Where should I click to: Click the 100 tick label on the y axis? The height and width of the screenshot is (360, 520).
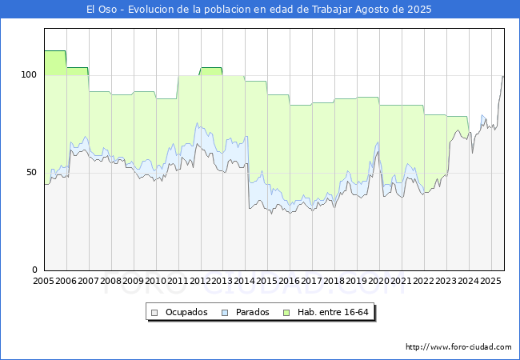[x=29, y=74]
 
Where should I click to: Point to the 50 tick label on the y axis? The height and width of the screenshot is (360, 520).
[x=31, y=172]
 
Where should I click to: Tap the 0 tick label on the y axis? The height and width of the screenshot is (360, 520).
[x=35, y=270]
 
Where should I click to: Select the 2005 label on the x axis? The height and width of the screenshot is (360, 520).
[x=43, y=281]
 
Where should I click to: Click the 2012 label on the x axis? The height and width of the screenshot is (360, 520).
[x=200, y=281]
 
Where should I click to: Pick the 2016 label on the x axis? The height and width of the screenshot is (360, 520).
[x=290, y=281]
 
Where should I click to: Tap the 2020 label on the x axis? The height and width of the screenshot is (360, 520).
[x=379, y=281]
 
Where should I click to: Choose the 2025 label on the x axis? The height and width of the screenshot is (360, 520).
[x=491, y=281]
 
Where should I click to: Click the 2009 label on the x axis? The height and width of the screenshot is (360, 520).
[x=133, y=281]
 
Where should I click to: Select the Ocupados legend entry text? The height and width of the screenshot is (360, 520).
[x=186, y=312]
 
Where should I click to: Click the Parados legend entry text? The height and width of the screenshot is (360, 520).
[x=252, y=312]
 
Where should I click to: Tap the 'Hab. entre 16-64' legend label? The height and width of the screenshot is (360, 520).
[x=333, y=312]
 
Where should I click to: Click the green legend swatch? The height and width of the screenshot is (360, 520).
[x=286, y=313]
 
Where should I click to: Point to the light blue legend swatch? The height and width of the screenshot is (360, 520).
[x=225, y=313]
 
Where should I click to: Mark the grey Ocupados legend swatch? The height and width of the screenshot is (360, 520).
[x=154, y=313]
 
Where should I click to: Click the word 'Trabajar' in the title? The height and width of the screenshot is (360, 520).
[x=332, y=10]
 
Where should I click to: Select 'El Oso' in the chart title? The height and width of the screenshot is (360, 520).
[x=102, y=10]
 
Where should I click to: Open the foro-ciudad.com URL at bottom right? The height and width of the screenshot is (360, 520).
[x=458, y=347]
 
